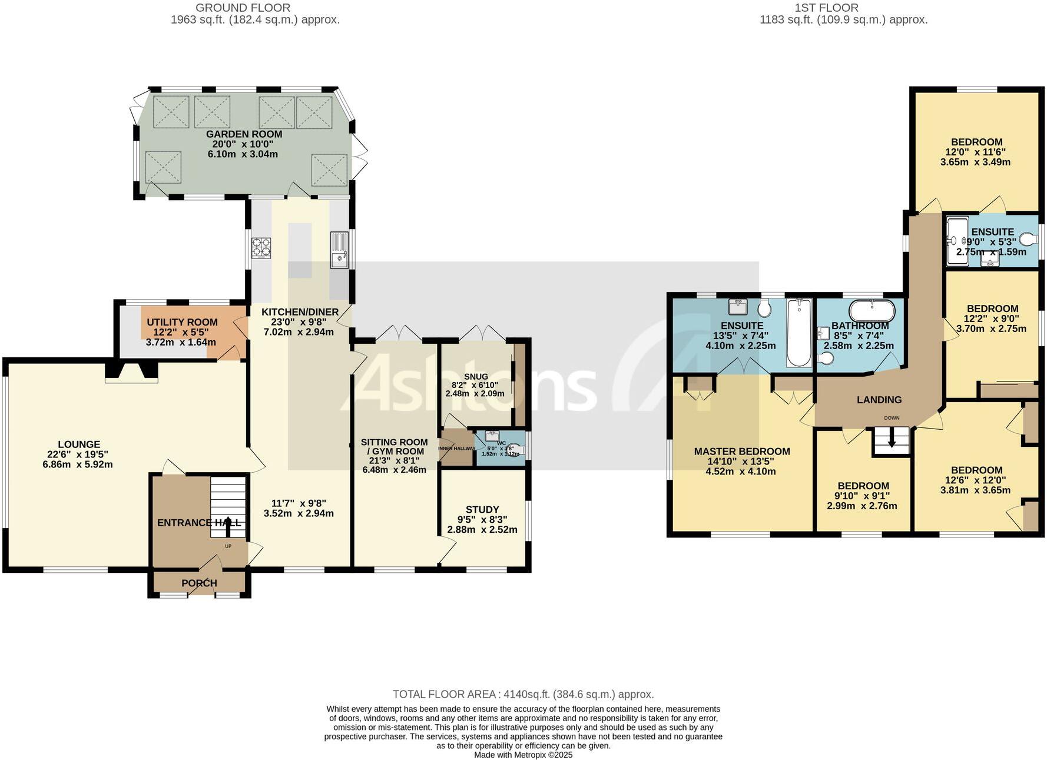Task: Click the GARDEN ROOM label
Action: point(244,134)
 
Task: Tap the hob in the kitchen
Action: point(261,247)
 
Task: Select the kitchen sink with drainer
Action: point(339,250)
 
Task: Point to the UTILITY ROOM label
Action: point(182,322)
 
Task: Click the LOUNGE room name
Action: point(79,444)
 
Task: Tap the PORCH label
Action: point(199,583)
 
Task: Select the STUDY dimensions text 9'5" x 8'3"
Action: point(482,520)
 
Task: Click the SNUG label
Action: point(476,377)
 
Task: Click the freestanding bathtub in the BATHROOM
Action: point(872,310)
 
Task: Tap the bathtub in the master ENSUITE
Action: point(799,333)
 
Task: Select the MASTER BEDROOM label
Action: point(742,452)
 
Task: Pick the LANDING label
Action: point(879,400)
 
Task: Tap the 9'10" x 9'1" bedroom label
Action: point(863,486)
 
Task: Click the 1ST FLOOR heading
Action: point(826,8)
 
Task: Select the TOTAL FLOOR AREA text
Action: point(523,694)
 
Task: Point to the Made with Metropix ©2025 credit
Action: point(523,755)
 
